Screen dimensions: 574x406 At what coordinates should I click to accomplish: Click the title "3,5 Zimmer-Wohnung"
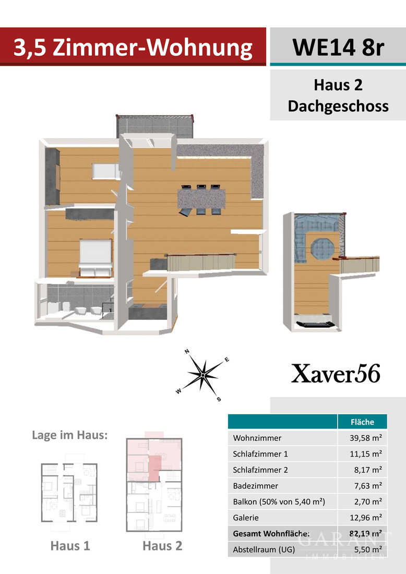[133, 47]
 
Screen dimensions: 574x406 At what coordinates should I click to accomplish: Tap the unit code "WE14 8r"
[338, 47]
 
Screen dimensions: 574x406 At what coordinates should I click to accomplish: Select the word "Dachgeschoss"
[338, 106]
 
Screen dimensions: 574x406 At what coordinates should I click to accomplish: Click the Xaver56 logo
[336, 374]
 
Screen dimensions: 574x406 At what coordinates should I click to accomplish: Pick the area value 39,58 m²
[366, 438]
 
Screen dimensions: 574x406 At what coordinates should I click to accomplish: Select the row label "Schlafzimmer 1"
[260, 454]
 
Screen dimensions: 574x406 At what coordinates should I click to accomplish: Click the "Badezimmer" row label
[256, 486]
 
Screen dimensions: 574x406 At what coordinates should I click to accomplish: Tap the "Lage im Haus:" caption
[70, 435]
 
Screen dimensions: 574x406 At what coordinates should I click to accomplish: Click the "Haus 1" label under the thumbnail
[70, 546]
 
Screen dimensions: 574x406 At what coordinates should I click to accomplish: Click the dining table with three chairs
[202, 198]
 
